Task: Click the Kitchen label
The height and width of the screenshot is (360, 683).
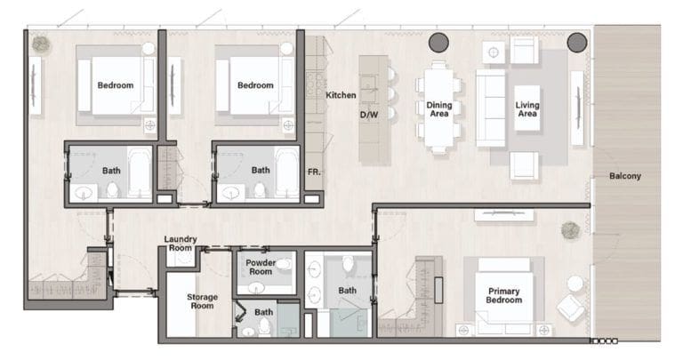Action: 341,94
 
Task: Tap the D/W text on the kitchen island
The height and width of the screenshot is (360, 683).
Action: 369,115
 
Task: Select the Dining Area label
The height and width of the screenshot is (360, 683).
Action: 439,109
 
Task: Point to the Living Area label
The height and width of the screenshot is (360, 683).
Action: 527,109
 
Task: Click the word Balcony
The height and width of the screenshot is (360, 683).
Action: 624,176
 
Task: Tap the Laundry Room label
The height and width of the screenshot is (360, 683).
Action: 181,244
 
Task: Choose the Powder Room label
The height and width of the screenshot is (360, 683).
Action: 261,268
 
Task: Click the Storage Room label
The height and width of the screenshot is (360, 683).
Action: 202,301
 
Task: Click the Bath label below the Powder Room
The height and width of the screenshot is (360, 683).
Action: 264,312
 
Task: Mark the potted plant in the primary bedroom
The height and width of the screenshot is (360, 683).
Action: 570,230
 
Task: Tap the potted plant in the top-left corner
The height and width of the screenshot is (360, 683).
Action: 41,44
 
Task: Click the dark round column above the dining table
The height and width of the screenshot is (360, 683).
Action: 438,42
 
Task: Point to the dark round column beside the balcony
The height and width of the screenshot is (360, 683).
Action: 577,42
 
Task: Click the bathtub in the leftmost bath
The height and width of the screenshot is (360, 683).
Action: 141,172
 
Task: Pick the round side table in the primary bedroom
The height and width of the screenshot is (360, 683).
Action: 575,284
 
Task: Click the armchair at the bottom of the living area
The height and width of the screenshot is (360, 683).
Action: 524,165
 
